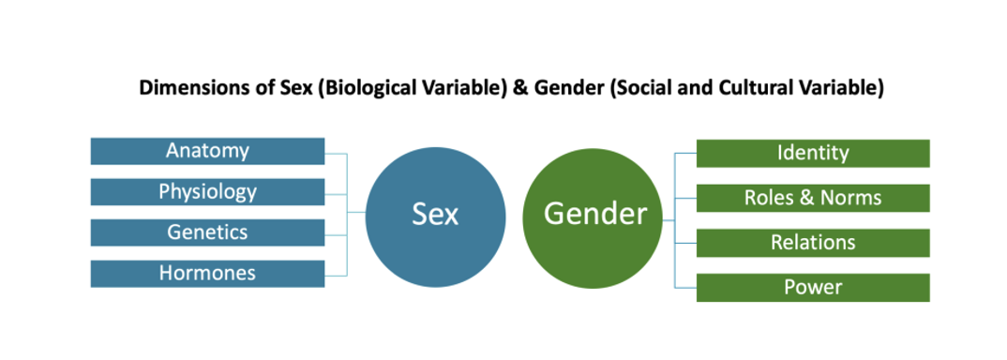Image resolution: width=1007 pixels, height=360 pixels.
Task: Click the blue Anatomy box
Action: coord(207,151)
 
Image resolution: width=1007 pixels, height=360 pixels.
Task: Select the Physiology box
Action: coord(207,192)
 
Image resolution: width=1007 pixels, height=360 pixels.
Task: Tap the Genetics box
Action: coord(207,232)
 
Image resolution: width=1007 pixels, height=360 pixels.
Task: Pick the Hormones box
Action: coord(207,274)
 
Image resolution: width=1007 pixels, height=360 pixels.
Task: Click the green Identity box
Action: coord(812,153)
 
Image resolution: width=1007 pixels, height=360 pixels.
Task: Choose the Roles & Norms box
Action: coord(812,198)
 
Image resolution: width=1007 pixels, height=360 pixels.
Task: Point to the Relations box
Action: coord(812,243)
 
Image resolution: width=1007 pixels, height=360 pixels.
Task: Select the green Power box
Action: coord(812,287)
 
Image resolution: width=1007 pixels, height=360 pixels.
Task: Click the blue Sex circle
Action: coord(435,215)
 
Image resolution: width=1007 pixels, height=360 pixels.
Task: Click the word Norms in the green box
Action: coord(849,198)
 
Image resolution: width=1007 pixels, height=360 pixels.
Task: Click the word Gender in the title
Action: coord(563,88)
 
